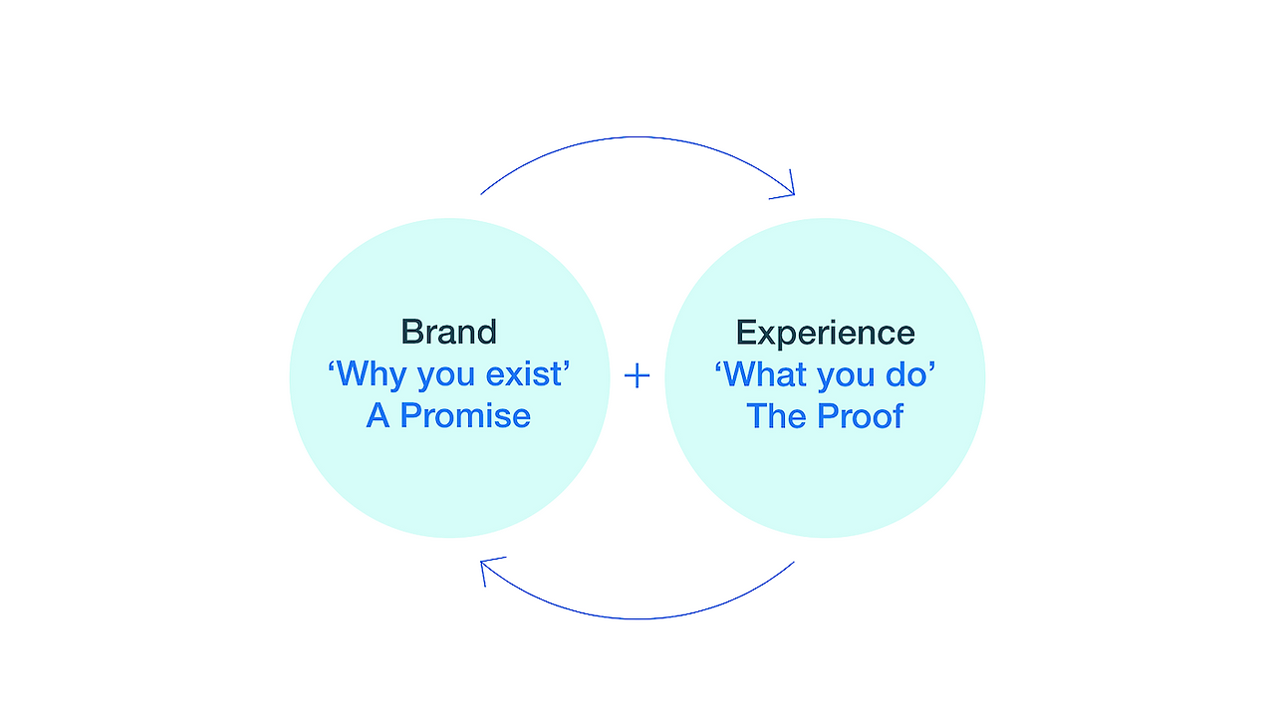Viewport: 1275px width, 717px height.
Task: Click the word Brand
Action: [x=448, y=332]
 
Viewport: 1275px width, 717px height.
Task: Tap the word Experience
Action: [x=825, y=333]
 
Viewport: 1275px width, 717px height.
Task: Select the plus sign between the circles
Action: [x=637, y=375]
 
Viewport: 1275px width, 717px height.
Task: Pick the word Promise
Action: [x=465, y=415]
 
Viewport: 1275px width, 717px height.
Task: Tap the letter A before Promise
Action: [x=378, y=415]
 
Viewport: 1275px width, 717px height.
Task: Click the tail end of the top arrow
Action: [x=481, y=193]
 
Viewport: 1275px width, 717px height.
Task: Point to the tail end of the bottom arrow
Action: [x=794, y=563]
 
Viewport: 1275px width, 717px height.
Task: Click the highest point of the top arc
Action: [x=637, y=137]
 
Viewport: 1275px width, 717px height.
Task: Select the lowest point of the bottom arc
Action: [x=637, y=618]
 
